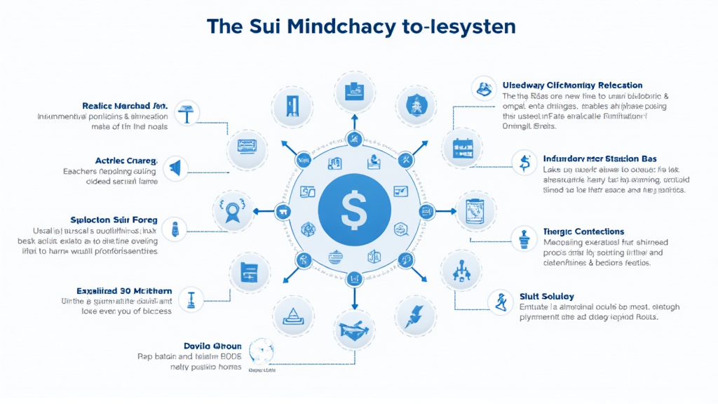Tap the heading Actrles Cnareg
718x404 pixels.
pos(126,160)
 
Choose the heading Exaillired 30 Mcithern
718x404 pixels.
pos(123,290)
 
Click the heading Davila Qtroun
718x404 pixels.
pos(212,346)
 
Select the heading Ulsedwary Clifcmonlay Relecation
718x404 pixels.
pos(573,85)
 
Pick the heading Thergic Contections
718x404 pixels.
pos(583,231)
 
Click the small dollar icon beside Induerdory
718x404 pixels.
pos(522,162)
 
